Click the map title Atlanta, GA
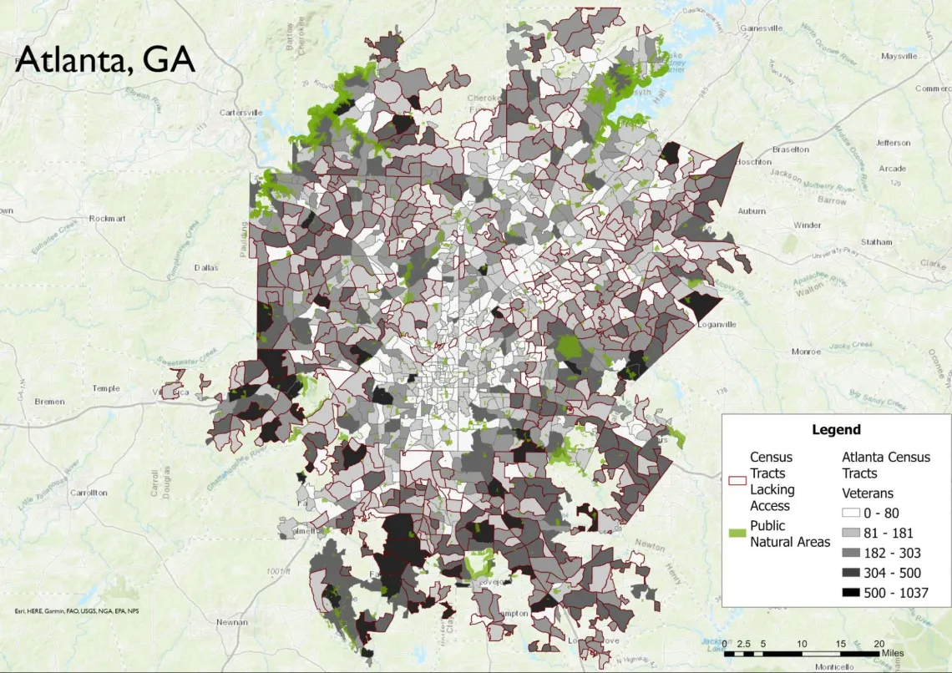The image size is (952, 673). point(105,59)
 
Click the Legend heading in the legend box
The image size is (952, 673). point(836,429)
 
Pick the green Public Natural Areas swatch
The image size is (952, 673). point(737,534)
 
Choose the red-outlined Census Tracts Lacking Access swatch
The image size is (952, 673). point(737,481)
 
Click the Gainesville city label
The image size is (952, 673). point(761,28)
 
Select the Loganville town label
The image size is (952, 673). point(718,325)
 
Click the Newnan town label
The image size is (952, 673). point(231,622)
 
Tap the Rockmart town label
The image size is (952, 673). point(107,218)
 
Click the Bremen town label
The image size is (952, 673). point(49,402)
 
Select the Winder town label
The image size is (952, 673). point(807,225)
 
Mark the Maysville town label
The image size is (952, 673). point(899,56)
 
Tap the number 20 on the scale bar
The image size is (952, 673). point(879,643)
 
